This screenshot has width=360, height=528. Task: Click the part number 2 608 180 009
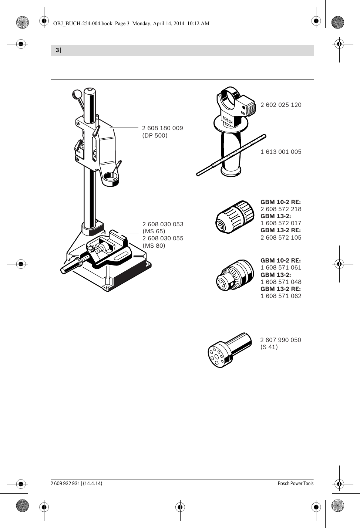(x=162, y=128)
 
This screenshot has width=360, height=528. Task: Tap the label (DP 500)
(x=155, y=136)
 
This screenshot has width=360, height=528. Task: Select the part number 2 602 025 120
(x=281, y=105)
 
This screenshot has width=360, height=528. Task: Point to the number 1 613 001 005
(x=281, y=152)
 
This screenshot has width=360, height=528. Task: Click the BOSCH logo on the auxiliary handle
(x=228, y=120)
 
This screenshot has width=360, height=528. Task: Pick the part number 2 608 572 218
(x=281, y=209)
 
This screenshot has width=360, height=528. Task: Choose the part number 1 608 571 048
(x=281, y=282)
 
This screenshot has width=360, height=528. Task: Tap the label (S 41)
(x=269, y=347)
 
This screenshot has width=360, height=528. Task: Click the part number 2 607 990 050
(x=281, y=340)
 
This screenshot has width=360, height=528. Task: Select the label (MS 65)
(x=154, y=231)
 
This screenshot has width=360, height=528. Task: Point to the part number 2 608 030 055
(x=163, y=238)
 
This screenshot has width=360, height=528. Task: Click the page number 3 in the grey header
(x=57, y=50)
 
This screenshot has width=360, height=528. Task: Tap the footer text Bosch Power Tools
(x=296, y=484)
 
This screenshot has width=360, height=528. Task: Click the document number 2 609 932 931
(x=65, y=484)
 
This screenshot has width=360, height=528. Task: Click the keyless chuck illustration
(x=235, y=217)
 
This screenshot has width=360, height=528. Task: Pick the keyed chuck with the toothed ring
(x=235, y=275)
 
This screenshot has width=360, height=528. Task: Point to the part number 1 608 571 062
(x=281, y=296)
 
